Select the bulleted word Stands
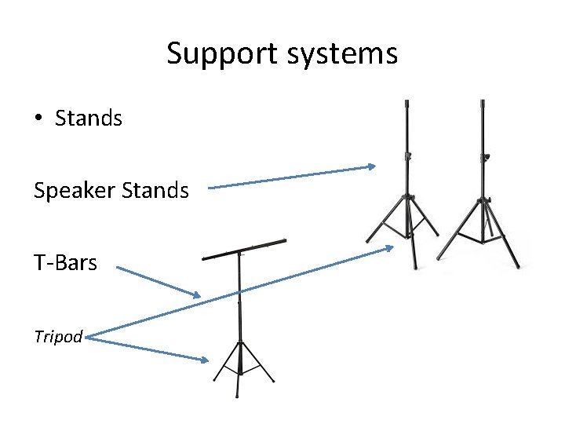89,119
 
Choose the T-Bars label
65,263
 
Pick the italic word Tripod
57,337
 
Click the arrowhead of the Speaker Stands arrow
373,166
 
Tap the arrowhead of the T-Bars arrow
198,295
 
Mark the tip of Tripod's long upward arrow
391,248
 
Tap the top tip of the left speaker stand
406,102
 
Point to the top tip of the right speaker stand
482,102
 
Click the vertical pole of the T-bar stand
239,306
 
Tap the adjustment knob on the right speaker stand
487,159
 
